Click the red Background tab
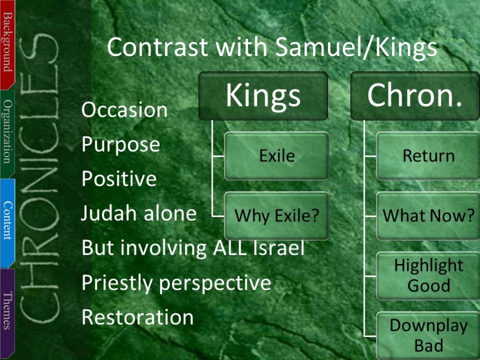(7, 44)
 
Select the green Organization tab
(7, 134)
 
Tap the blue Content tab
(7, 223)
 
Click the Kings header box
(263, 96)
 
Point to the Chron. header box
(415, 96)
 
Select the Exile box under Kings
(277, 156)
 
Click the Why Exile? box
(277, 216)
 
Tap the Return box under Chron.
(428, 156)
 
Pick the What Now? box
(428, 216)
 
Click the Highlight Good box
(428, 276)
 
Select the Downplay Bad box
(428, 336)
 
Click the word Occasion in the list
(124, 109)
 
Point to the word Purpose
(121, 145)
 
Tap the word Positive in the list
(119, 179)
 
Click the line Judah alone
(139, 213)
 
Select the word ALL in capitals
(229, 247)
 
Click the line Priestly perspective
(177, 283)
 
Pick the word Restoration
(138, 317)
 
